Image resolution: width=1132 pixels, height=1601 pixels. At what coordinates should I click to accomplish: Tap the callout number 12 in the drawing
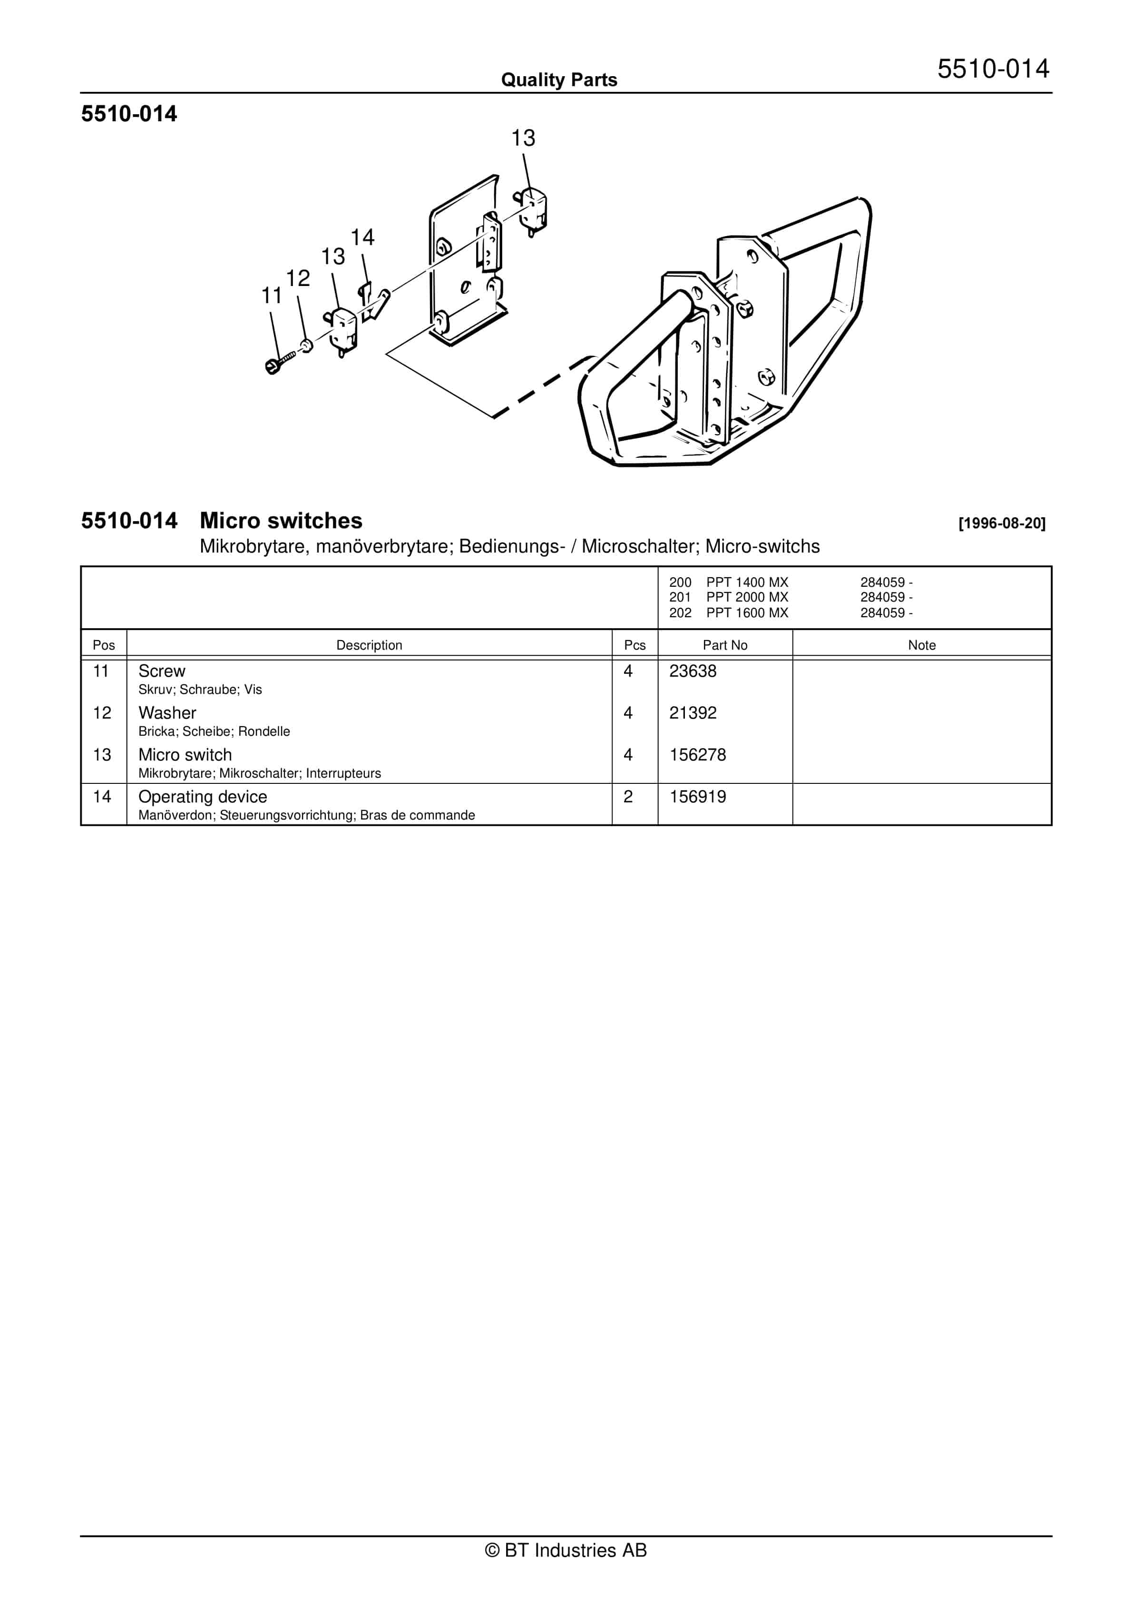point(298,279)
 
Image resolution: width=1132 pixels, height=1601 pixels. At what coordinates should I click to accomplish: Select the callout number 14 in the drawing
point(362,238)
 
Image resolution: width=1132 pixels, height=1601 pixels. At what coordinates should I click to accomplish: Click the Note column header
point(921,645)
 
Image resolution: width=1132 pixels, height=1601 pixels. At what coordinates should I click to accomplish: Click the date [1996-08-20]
point(1002,523)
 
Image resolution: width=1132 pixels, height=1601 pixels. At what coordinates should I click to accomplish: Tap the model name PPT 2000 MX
point(747,597)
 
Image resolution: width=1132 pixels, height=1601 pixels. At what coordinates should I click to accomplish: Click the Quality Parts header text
point(559,80)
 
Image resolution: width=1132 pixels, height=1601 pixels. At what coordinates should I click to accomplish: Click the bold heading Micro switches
point(281,521)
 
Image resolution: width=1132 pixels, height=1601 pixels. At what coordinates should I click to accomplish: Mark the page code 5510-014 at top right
point(993,69)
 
